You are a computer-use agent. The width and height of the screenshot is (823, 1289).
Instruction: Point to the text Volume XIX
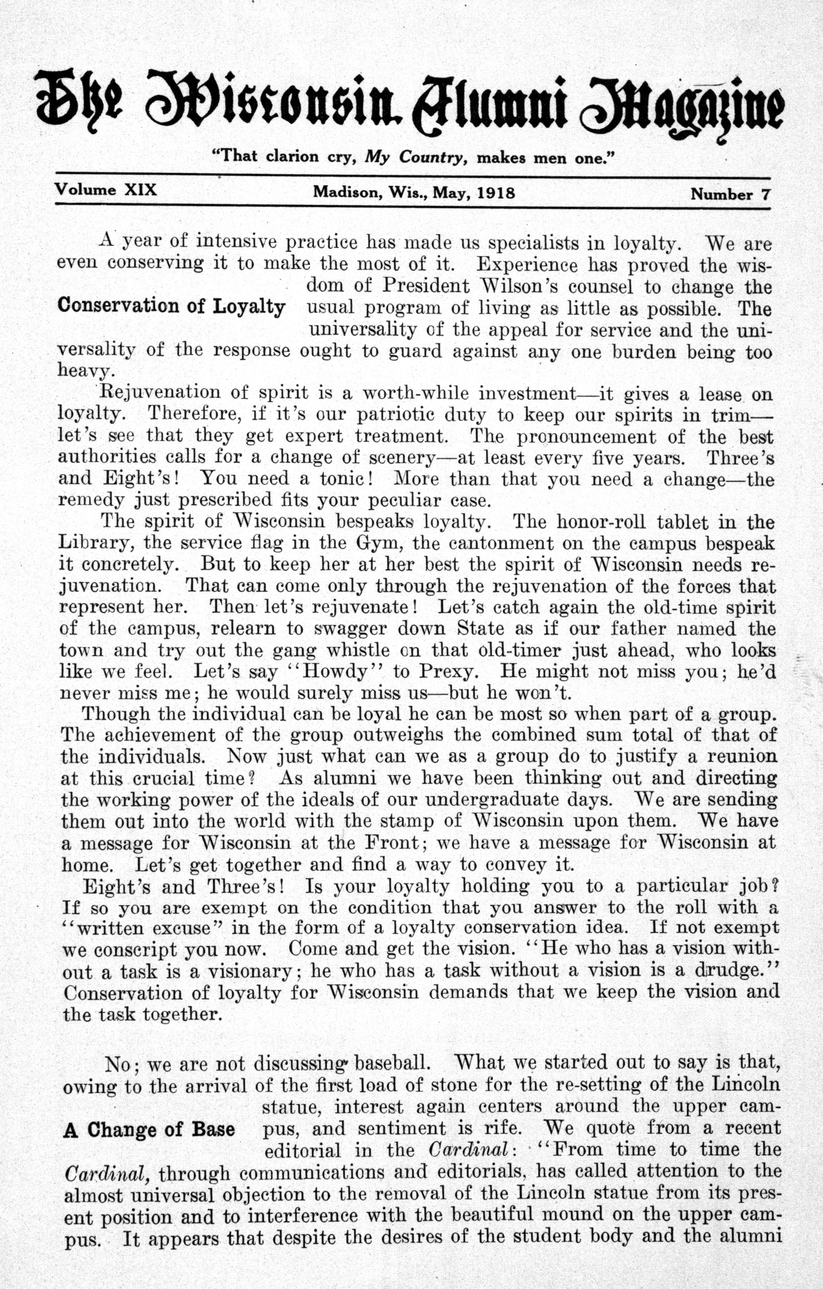[x=106, y=190]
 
